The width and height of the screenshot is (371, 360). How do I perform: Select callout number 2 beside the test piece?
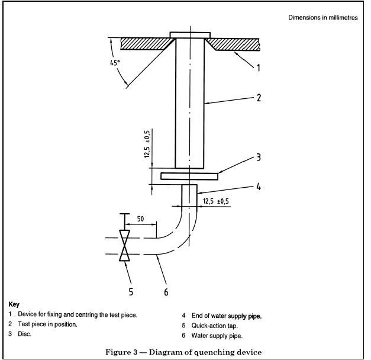coord(258,98)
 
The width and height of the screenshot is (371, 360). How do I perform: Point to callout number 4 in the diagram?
coord(258,186)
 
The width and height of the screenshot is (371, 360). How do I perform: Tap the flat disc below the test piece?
coord(189,176)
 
